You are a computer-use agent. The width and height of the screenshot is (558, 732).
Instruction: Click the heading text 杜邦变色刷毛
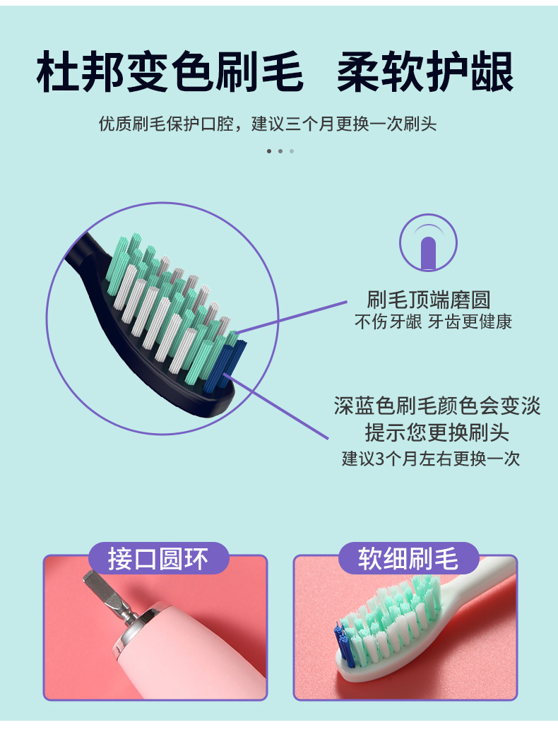[170, 72]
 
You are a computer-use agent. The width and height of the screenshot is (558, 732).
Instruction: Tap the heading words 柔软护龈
[425, 72]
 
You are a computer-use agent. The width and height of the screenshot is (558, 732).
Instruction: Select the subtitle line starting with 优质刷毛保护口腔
[268, 124]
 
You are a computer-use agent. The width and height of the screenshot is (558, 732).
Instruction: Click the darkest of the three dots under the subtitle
[268, 151]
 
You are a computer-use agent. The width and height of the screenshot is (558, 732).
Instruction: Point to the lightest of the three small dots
[292, 151]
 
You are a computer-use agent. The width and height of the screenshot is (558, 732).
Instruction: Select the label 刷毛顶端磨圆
[428, 300]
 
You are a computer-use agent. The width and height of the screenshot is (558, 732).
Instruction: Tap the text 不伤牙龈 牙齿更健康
[433, 321]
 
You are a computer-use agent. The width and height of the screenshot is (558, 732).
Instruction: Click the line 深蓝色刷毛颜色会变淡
[437, 406]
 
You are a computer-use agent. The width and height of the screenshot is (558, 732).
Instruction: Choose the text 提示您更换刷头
[437, 432]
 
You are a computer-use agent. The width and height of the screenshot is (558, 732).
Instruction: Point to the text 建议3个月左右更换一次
[431, 459]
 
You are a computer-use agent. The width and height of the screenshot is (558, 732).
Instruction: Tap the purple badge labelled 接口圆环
[159, 558]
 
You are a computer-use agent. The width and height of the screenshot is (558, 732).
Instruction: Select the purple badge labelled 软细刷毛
[409, 558]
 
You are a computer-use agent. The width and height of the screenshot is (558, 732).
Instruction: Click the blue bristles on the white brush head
[343, 644]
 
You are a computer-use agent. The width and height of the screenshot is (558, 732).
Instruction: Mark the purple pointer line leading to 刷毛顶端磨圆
[292, 317]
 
